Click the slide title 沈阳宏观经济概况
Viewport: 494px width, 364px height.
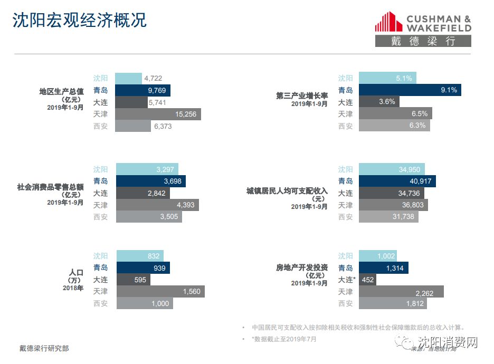[x=79, y=20]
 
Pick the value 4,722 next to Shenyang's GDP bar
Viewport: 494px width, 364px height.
[x=153, y=79]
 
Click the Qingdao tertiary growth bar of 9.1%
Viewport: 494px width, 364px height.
[x=410, y=90]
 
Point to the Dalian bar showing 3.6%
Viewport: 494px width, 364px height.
[x=379, y=102]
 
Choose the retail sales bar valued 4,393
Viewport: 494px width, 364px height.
[x=158, y=205]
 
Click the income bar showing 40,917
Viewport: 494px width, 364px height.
[x=397, y=181]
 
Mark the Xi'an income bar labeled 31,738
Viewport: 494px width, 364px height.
[x=388, y=216]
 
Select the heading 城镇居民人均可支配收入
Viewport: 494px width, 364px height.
[x=287, y=190]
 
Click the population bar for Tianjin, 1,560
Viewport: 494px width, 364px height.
[x=160, y=291]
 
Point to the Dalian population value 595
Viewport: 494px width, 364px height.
[x=140, y=280]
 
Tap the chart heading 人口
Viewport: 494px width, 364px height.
[x=76, y=272]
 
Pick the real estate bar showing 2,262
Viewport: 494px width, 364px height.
[x=401, y=291]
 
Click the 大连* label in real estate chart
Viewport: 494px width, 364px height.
[x=347, y=280]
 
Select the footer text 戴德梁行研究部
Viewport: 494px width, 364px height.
[x=44, y=348]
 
